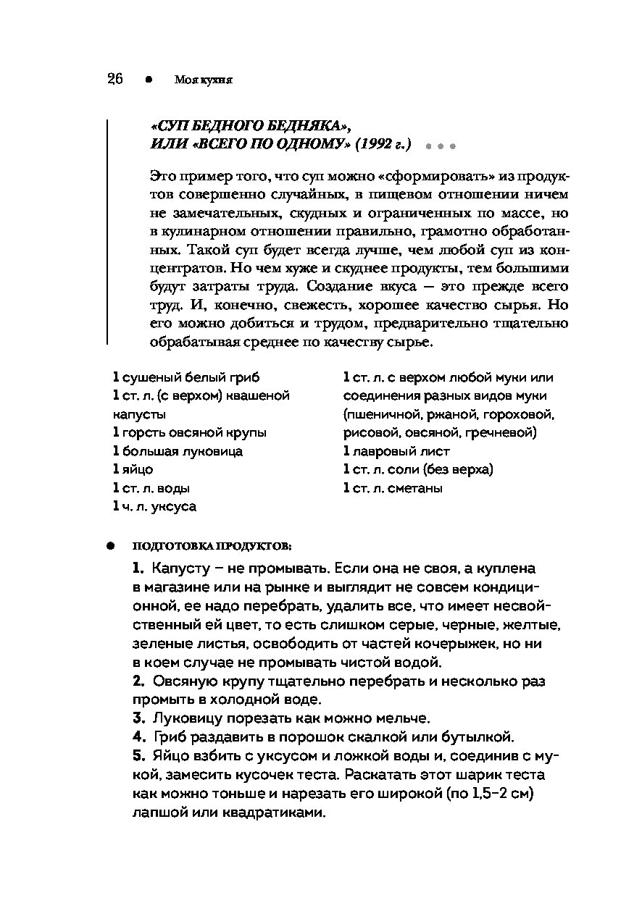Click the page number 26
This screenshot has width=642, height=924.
[115, 80]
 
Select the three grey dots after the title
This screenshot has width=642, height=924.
[439, 146]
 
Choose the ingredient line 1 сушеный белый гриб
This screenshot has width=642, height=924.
[186, 377]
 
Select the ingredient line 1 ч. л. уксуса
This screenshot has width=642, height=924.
[154, 507]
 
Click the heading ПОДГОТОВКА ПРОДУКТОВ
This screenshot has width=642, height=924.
[212, 545]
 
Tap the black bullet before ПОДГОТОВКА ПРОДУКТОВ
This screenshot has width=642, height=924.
[111, 545]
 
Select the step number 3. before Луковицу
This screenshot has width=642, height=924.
[139, 718]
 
